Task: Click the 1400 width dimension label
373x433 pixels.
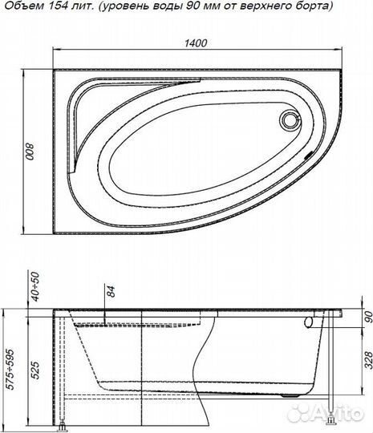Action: click(x=196, y=42)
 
